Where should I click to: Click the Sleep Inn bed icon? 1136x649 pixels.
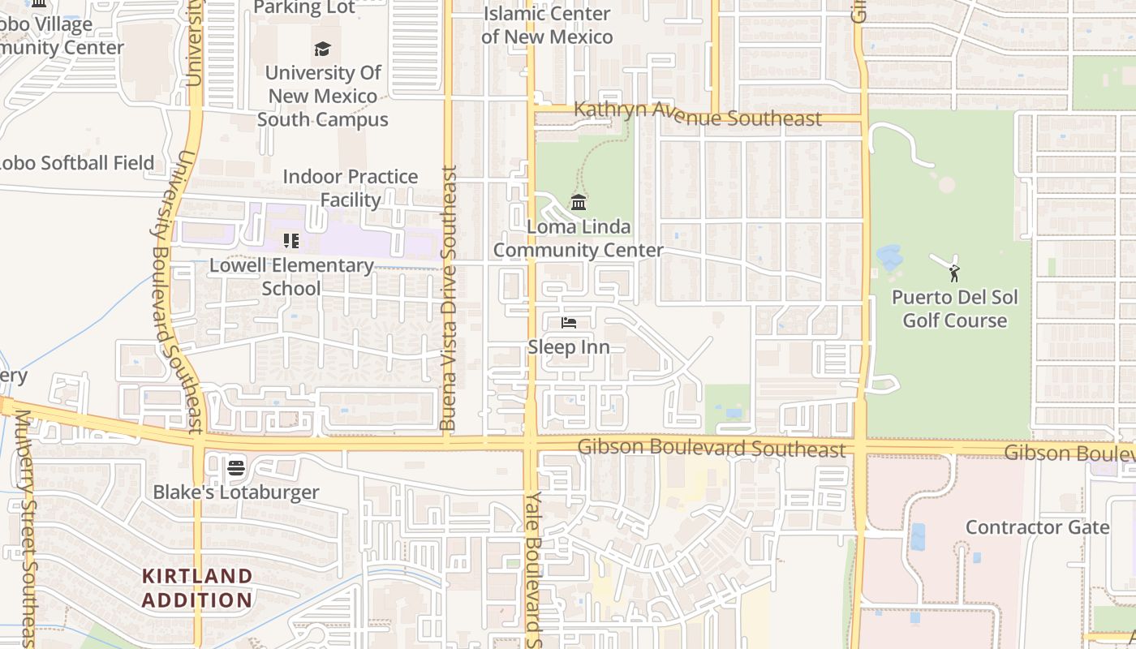click(x=569, y=323)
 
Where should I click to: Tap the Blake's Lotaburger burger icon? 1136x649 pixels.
click(x=236, y=467)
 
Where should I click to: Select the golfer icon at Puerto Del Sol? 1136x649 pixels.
click(x=954, y=273)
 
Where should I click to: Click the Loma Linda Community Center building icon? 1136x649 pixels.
click(x=579, y=202)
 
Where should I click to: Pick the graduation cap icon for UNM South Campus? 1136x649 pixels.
click(x=323, y=49)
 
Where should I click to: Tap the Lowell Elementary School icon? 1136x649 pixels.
click(x=291, y=241)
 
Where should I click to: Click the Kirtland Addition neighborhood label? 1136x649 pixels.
click(x=197, y=588)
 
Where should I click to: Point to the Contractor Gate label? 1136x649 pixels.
click(x=1037, y=527)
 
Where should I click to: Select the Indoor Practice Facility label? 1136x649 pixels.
click(x=351, y=188)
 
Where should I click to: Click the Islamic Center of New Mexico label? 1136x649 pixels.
click(x=547, y=25)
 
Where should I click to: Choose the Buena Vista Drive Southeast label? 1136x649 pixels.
click(x=449, y=299)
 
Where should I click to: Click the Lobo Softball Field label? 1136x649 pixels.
click(x=76, y=163)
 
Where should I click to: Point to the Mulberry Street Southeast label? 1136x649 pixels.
click(x=24, y=527)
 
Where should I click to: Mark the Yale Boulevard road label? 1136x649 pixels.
click(x=532, y=568)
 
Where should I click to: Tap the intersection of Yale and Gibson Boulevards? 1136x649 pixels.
click(x=531, y=445)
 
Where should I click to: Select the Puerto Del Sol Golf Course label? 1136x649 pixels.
click(x=955, y=308)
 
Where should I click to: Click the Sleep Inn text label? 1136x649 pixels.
click(x=569, y=347)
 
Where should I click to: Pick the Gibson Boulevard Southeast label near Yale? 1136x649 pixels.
click(x=712, y=448)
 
